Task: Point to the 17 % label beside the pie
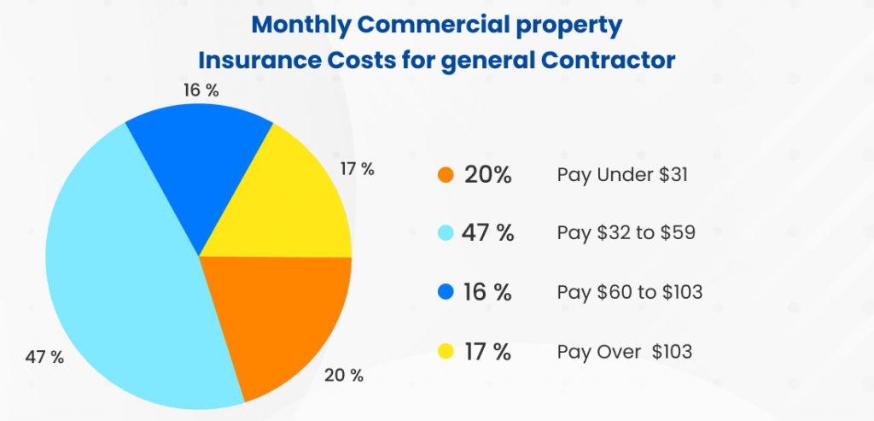tap(357, 169)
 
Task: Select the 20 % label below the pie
tap(346, 374)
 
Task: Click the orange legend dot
tap(445, 175)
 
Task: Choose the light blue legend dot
tap(445, 234)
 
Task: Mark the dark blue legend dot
tap(445, 293)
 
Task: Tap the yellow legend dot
tap(445, 351)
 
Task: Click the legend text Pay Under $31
tap(621, 175)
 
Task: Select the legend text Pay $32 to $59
tap(626, 234)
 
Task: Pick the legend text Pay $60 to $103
tap(630, 293)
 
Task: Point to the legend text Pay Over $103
tap(625, 351)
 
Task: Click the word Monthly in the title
tap(299, 25)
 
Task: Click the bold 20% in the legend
tap(487, 175)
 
